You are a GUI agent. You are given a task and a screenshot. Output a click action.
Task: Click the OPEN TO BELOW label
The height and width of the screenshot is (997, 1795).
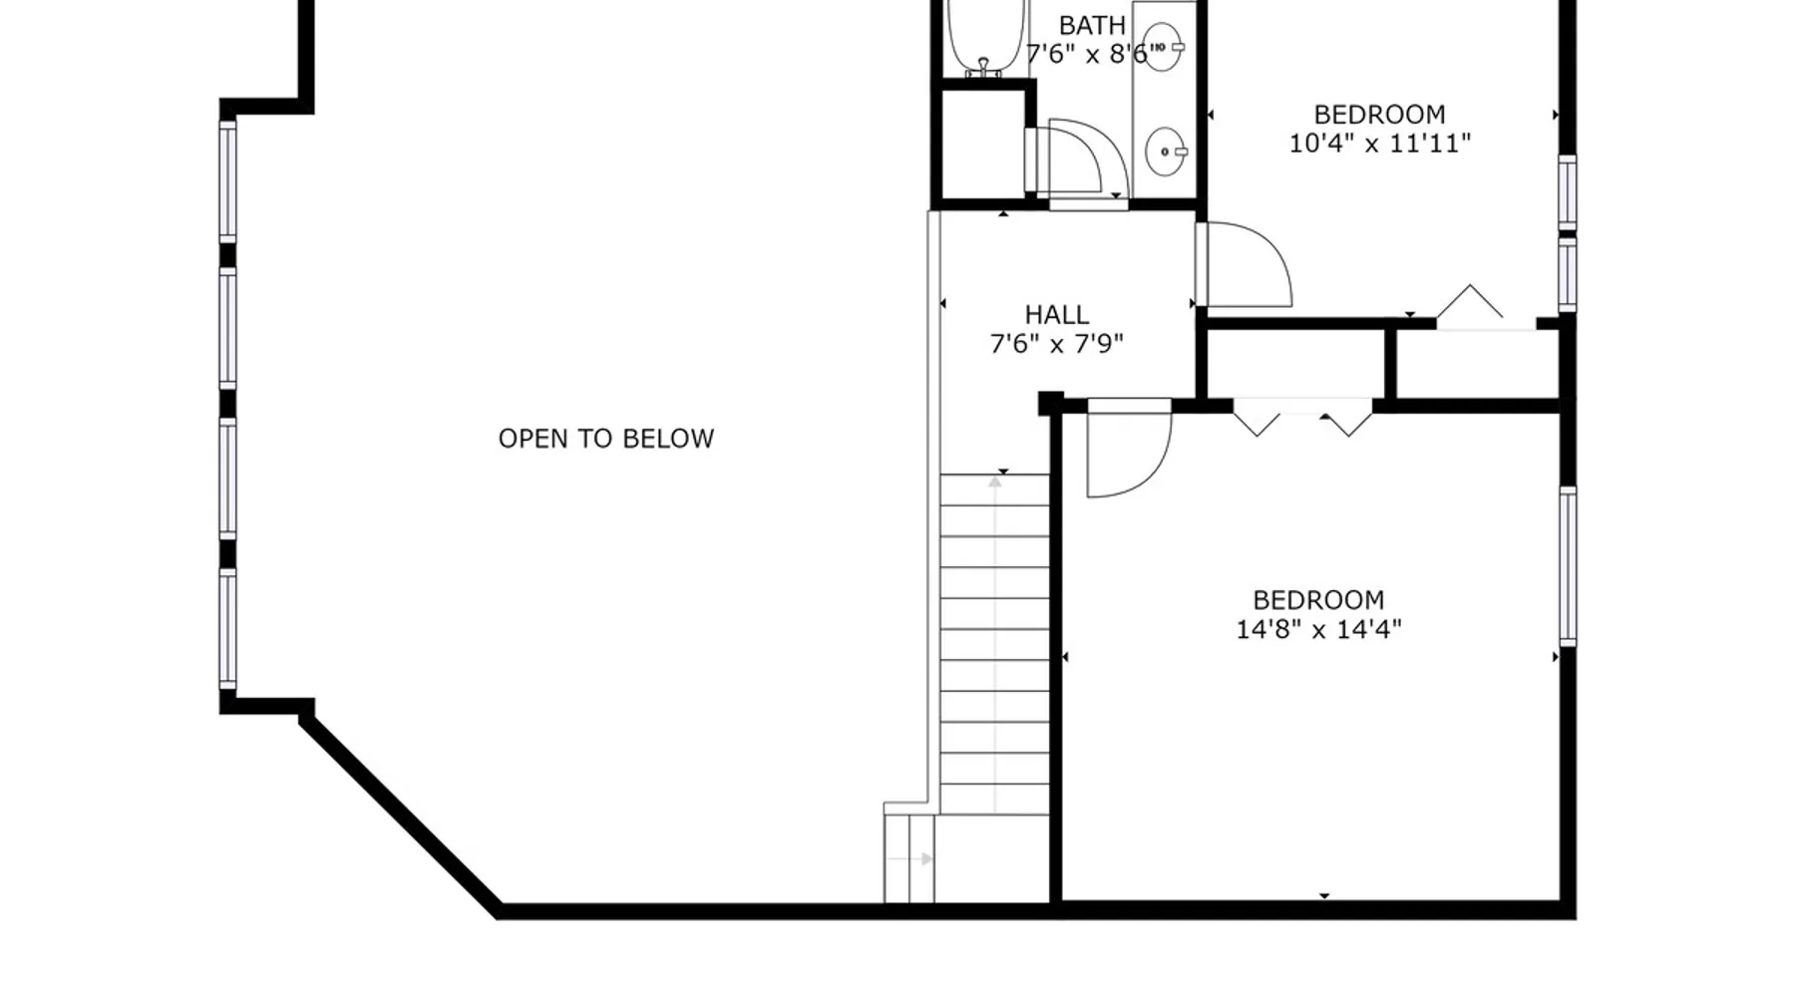pos(606,439)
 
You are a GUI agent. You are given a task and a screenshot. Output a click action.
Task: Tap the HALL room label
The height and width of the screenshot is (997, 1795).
pos(1057,315)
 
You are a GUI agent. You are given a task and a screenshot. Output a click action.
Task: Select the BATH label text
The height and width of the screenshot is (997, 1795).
pos(1092,25)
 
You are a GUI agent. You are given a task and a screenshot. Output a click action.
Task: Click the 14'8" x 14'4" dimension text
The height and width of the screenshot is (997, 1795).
pos(1318,629)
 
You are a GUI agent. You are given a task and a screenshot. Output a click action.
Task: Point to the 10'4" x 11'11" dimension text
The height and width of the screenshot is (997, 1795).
pos(1379,144)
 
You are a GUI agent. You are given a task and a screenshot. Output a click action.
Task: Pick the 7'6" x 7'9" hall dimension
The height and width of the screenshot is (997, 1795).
pos(1057,344)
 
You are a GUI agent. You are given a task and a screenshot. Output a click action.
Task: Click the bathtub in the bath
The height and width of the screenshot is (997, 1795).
pos(985,37)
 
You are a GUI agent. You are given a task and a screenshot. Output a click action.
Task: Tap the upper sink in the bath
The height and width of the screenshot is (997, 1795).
pos(1163,47)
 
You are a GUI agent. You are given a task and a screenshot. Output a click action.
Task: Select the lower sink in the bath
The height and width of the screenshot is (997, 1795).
pos(1165,152)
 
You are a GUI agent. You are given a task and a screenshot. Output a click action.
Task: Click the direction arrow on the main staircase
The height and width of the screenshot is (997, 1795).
pos(995,643)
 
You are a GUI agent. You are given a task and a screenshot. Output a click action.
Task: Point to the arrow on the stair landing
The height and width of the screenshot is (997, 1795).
pos(909,858)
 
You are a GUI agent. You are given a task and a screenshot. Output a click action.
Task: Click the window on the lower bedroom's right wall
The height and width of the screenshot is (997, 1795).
pos(1568,566)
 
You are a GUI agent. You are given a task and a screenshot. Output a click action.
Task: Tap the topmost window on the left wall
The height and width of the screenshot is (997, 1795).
pos(228,180)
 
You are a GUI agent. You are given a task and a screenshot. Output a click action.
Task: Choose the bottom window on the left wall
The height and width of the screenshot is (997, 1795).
pos(228,628)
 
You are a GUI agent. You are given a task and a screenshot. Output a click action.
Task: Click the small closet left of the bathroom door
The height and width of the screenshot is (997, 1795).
pos(982,145)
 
